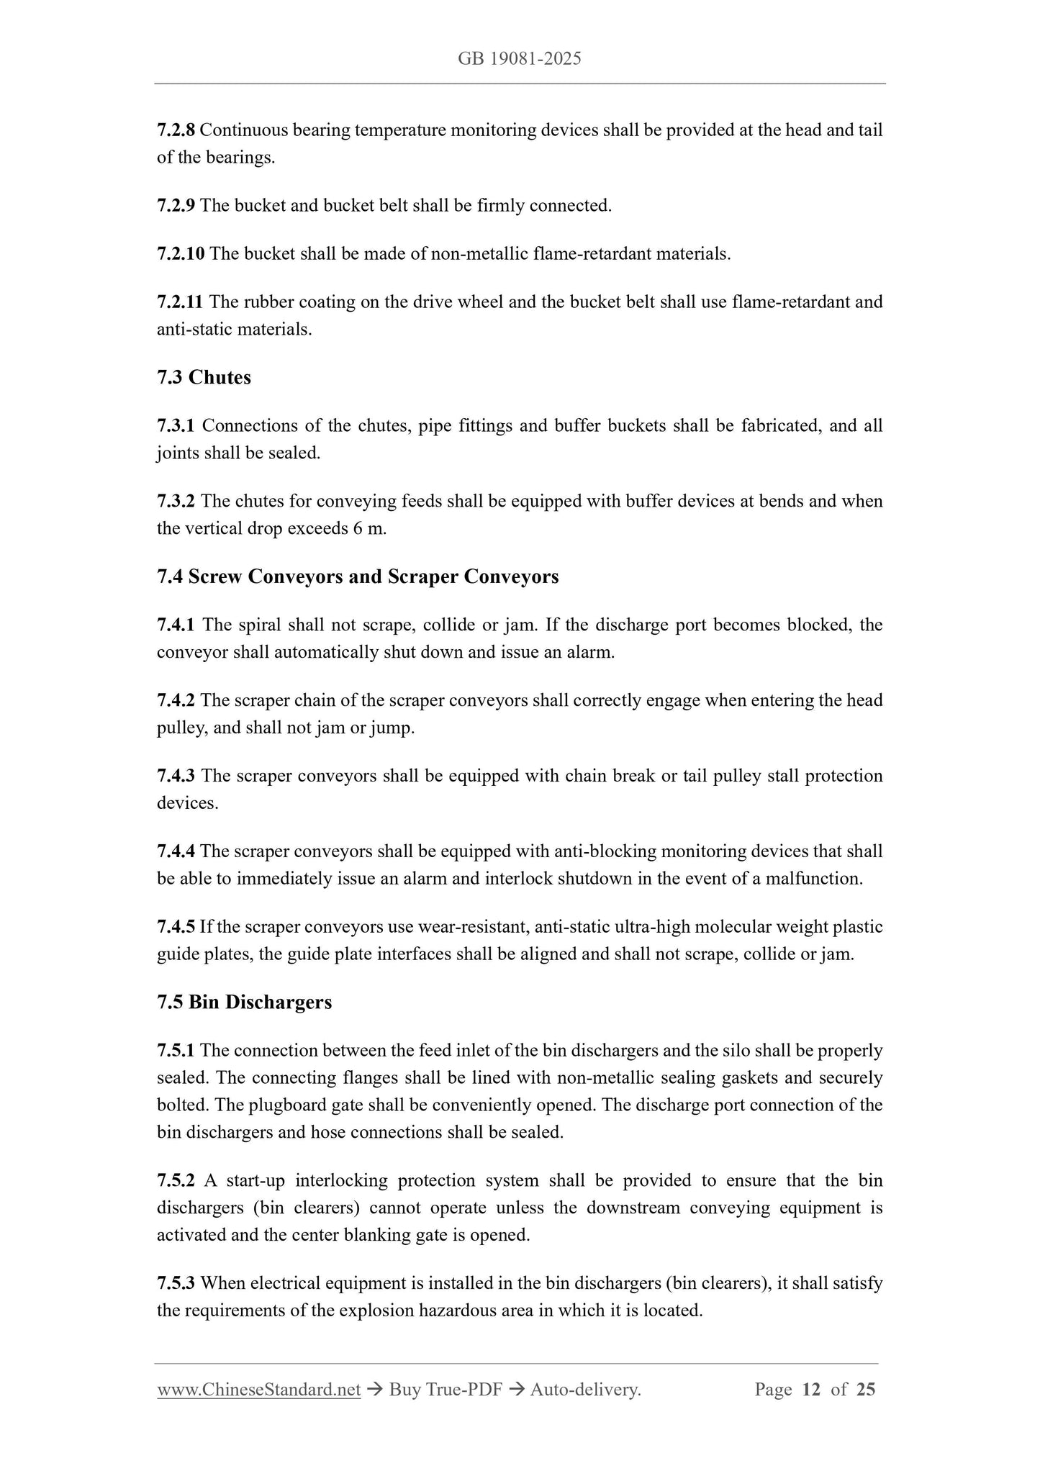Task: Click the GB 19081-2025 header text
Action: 520,59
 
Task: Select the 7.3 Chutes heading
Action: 204,377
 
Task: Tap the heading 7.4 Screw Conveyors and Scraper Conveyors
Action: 358,576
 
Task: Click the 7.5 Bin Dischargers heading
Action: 244,1002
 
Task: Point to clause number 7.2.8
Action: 176,130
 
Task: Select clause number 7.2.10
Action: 181,253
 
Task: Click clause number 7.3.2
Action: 176,501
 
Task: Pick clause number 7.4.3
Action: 176,776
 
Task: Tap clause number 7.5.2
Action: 176,1180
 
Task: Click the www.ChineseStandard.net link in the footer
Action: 258,1390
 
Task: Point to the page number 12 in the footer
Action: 810,1390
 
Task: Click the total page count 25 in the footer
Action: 866,1390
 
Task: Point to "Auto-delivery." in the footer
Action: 585,1390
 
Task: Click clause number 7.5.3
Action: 176,1283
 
